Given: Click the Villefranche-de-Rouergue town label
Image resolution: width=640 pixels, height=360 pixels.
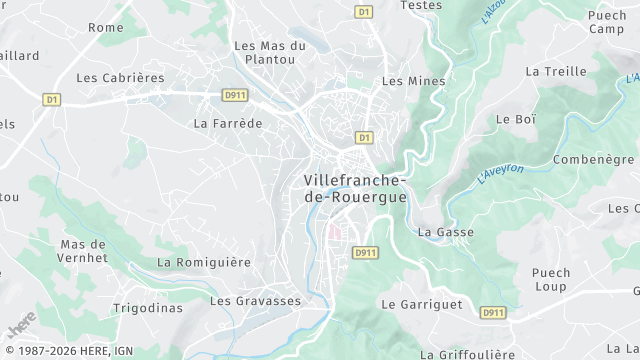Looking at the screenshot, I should pyautogui.click(x=354, y=188).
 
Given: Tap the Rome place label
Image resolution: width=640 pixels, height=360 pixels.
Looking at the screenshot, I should pyautogui.click(x=105, y=27).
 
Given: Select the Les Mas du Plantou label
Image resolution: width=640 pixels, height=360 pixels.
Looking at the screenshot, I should pyautogui.click(x=269, y=54).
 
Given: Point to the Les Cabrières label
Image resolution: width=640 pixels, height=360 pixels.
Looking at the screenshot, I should pyautogui.click(x=119, y=77).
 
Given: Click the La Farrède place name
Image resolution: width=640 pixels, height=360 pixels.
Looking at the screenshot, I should pyautogui.click(x=227, y=124).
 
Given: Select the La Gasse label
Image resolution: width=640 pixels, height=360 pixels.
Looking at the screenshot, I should pyautogui.click(x=445, y=232).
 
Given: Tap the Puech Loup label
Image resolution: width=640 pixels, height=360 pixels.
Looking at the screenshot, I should pyautogui.click(x=550, y=279).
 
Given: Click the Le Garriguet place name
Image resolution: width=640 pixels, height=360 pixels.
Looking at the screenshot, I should pyautogui.click(x=421, y=303).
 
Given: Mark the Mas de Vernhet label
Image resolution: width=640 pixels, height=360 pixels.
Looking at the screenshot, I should pyautogui.click(x=83, y=251).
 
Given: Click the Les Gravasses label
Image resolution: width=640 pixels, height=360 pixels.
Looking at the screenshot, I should pyautogui.click(x=255, y=300).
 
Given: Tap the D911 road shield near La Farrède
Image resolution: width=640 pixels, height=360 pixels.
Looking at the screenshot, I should pyautogui.click(x=234, y=94).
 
